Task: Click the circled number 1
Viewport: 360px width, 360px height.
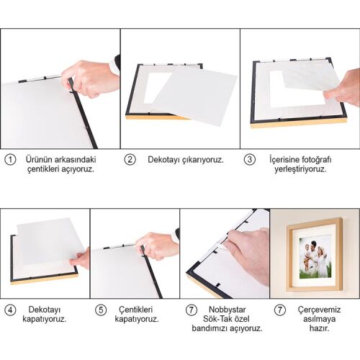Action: (x=10, y=160)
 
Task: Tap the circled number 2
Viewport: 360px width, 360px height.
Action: (x=130, y=160)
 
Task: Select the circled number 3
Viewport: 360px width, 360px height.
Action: (x=250, y=160)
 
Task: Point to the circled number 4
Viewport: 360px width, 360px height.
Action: (x=10, y=310)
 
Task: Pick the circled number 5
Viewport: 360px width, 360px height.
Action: (x=101, y=310)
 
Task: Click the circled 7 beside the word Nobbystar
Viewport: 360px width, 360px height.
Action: (x=191, y=310)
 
